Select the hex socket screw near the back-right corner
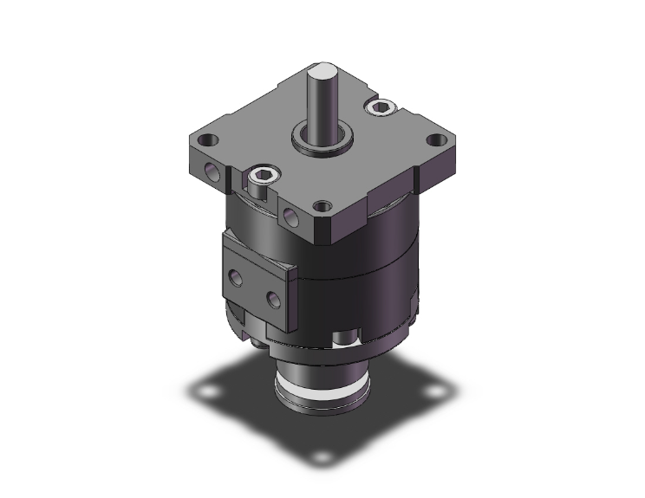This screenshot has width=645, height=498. [381, 107]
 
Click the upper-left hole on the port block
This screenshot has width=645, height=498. [236, 277]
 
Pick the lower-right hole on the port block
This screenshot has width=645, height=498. [274, 300]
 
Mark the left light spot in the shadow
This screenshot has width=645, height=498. [208, 395]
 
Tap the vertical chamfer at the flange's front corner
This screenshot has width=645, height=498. [330, 230]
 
